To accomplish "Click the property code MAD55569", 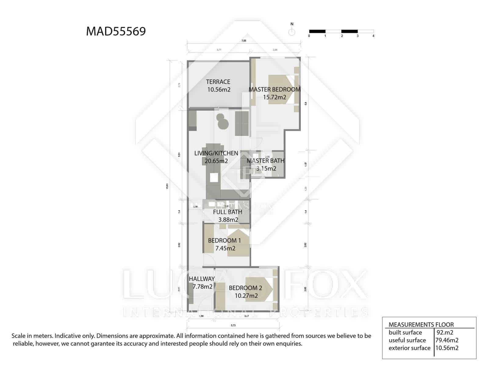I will pyautogui.click(x=116, y=31).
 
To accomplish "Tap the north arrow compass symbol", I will pyautogui.click(x=292, y=32).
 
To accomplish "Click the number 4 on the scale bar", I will pyautogui.click(x=373, y=36).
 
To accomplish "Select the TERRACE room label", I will pyautogui.click(x=218, y=82).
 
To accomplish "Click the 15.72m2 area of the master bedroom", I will pyautogui.click(x=274, y=97).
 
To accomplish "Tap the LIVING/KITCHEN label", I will pyautogui.click(x=216, y=153).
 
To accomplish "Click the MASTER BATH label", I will pyautogui.click(x=265, y=161).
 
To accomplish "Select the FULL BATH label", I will pyautogui.click(x=228, y=212).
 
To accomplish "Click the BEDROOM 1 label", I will pyautogui.click(x=224, y=240).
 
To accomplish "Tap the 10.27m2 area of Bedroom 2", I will pyautogui.click(x=246, y=296).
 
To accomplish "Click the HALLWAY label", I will pyautogui.click(x=202, y=279).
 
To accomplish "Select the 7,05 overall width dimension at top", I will pyautogui.click(x=244, y=41).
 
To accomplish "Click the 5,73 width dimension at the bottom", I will pyautogui.click(x=233, y=325).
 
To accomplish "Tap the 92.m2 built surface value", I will pyautogui.click(x=445, y=332).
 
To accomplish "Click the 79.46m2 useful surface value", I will pyautogui.click(x=447, y=340).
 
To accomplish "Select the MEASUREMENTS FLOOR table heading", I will pyautogui.click(x=421, y=325).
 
